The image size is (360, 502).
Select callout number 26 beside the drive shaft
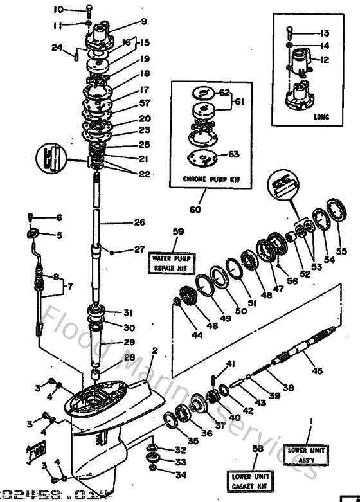pyautogui.click(x=139, y=223)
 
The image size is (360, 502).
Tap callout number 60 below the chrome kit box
pyautogui.click(x=195, y=210)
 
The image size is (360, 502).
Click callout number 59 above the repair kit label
pyautogui.click(x=178, y=231)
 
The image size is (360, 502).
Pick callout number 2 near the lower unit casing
pyautogui.click(x=154, y=350)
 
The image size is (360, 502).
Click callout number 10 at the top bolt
pyautogui.click(x=58, y=9)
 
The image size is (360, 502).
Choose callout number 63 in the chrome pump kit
pyautogui.click(x=233, y=154)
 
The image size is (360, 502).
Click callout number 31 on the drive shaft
pyautogui.click(x=127, y=313)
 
